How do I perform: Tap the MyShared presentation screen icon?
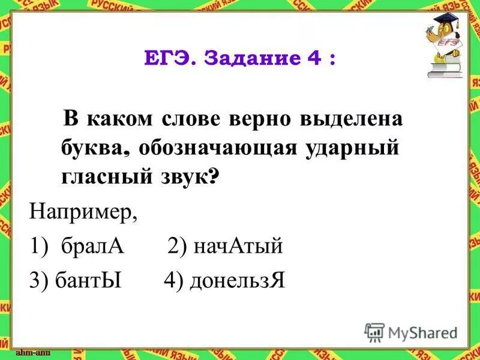(374, 332)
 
